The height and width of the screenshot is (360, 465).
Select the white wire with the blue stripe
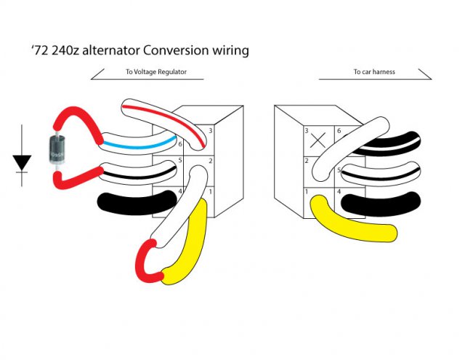click(138, 143)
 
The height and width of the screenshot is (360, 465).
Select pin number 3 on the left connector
click(211, 131)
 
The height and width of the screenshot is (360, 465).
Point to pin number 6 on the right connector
click(339, 131)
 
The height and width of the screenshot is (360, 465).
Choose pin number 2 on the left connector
click(211, 160)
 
